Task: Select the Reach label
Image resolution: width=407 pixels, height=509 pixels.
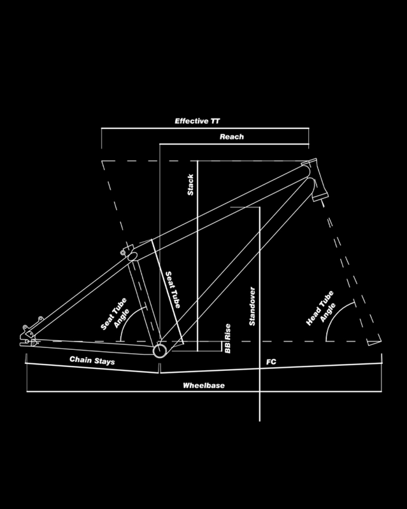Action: (232, 137)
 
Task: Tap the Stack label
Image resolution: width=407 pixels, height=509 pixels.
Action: (190, 185)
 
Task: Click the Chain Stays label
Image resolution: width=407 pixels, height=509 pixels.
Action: (91, 360)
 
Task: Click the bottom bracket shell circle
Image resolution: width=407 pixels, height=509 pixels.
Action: (160, 350)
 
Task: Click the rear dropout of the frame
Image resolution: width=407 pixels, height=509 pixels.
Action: (29, 334)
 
